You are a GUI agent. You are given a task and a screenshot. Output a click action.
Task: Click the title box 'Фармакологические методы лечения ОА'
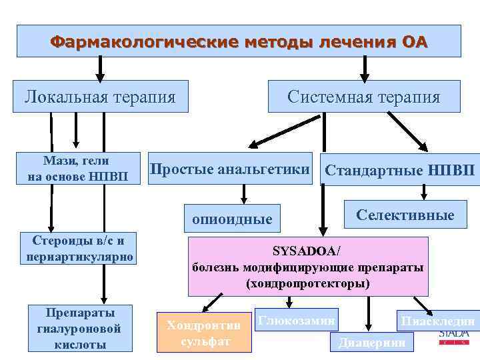coord(239,41)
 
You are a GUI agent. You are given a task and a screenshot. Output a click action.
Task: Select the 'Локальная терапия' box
coord(101,97)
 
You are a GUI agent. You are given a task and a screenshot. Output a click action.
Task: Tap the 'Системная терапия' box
coord(364,97)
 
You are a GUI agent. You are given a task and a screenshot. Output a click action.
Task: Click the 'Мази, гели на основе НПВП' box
coord(77,168)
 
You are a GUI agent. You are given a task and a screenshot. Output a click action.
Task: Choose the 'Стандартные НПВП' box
coord(399,171)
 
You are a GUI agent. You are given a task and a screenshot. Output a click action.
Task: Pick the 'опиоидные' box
coord(232,219)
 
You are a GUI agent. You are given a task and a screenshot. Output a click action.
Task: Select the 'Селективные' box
coord(405,215)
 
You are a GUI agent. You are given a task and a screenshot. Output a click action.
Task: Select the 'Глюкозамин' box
coord(296,321)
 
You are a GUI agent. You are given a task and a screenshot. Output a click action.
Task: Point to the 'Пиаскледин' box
coord(437,321)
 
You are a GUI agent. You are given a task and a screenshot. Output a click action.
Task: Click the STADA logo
coord(454,335)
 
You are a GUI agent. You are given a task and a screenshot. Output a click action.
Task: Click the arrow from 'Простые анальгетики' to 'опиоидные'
coord(244,193)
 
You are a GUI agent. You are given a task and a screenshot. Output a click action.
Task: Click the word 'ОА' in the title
coord(414,42)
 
